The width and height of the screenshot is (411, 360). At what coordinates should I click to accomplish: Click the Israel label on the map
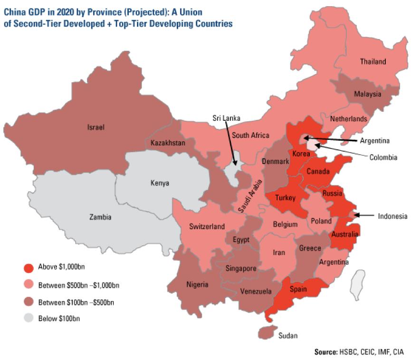click(x=95, y=127)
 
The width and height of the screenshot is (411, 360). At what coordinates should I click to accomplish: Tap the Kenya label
click(x=160, y=183)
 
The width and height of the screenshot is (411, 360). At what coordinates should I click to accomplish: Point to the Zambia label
click(x=100, y=217)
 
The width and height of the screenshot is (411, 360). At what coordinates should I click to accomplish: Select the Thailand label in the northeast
click(x=373, y=61)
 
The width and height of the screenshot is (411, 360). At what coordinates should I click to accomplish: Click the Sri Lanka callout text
click(x=226, y=117)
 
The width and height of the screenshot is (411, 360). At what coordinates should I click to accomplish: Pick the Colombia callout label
click(x=383, y=157)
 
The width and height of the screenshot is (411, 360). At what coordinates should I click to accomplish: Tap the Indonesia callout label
click(x=392, y=216)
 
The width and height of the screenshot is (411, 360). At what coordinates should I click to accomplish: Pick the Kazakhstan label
click(x=168, y=143)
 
